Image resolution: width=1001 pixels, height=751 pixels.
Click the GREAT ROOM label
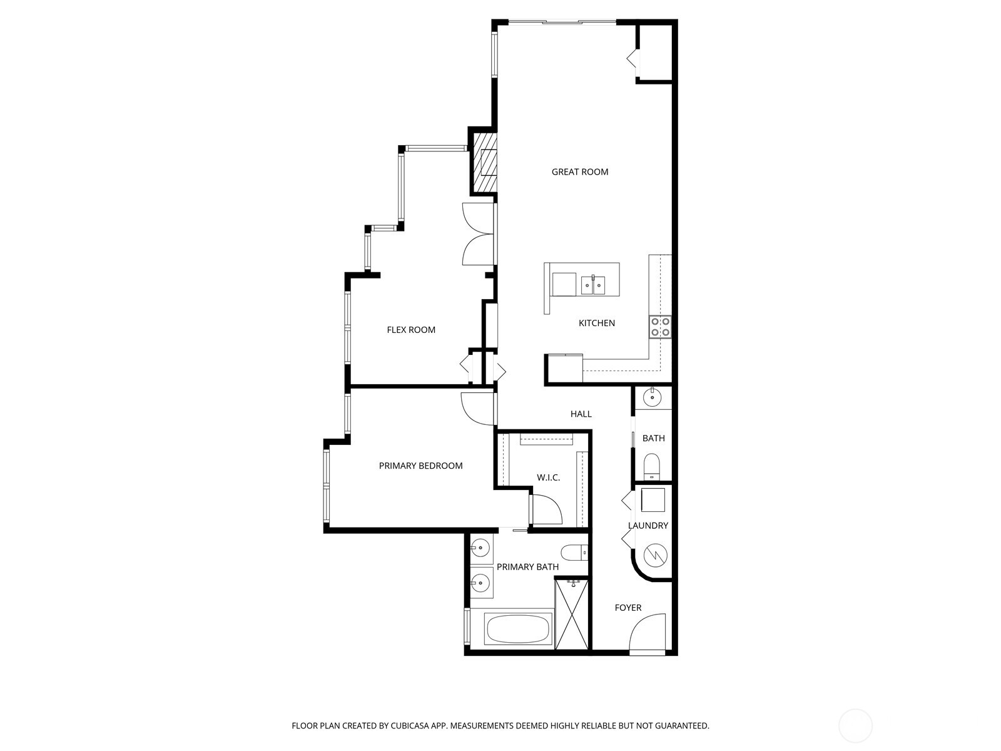579,171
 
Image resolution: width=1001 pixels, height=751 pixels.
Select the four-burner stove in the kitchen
660,326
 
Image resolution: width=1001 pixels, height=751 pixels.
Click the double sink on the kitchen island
592,285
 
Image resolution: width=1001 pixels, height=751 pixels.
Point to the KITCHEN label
596,323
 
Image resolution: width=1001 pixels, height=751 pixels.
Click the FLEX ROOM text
410,330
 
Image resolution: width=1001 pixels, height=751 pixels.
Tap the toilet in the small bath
652,466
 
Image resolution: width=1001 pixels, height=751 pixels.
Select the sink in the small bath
653,397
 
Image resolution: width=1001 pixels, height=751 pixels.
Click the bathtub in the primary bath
518,629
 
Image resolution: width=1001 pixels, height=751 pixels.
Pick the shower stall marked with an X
572,615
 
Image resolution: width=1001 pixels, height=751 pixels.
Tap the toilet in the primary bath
574,553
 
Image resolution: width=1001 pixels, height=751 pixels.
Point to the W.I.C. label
548,478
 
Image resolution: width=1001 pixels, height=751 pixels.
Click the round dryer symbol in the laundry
655,554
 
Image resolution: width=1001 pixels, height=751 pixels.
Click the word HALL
581,414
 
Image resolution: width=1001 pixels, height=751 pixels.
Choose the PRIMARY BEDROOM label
420,466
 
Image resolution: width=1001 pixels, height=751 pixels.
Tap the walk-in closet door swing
546,508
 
